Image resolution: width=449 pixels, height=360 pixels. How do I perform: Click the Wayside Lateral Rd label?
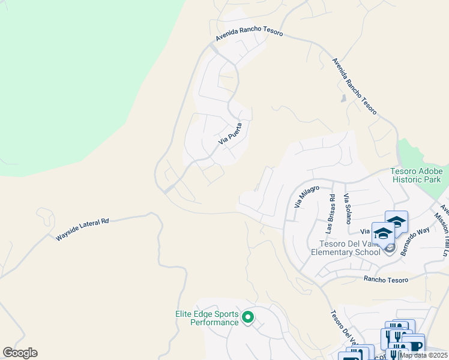tap(82, 229)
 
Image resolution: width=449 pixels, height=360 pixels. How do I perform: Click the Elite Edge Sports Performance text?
tap(207, 318)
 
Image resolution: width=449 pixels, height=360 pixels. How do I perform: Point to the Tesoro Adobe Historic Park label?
tap(416, 175)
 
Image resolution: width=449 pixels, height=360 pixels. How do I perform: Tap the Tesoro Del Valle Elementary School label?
tap(345, 247)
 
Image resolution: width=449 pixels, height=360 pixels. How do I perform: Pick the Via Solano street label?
tap(346, 208)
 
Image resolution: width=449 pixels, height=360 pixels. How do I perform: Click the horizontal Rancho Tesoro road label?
tap(386, 280)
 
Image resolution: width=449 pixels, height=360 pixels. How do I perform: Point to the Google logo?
tap(20, 353)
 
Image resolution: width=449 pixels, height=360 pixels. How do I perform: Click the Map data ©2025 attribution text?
tap(423, 356)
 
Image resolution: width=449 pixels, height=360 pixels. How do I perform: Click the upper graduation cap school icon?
tap(397, 220)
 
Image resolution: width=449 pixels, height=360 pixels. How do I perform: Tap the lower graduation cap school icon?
tap(383, 232)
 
